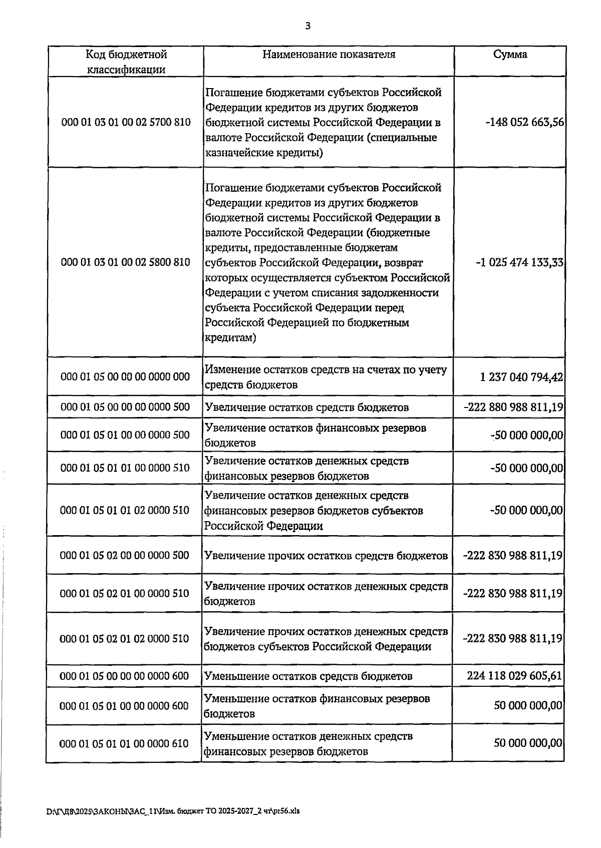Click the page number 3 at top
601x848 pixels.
(308, 27)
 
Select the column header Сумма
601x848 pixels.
(510, 54)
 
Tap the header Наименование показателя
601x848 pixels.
(329, 54)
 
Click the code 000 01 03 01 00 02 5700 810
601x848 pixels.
(126, 122)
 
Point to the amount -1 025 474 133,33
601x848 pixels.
(520, 262)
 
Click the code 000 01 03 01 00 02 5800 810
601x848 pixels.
(126, 262)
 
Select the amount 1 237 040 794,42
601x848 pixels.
(521, 376)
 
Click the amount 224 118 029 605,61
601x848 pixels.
(514, 676)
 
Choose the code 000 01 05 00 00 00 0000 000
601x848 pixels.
(125, 376)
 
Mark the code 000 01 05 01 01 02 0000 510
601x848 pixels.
(125, 510)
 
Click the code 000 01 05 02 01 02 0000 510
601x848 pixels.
(125, 638)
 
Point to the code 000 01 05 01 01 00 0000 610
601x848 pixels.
(124, 743)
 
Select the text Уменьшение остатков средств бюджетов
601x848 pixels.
(309, 676)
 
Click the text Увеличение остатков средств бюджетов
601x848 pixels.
(307, 407)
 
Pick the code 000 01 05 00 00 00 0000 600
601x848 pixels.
(124, 676)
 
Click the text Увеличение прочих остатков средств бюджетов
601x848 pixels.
(326, 556)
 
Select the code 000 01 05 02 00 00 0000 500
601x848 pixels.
(125, 555)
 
